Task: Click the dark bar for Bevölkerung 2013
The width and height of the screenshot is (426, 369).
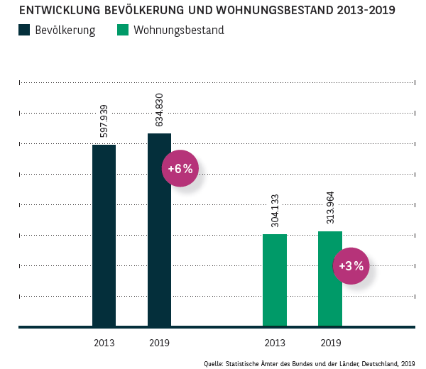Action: click(104, 236)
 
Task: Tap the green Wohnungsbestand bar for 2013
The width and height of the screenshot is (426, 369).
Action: click(275, 280)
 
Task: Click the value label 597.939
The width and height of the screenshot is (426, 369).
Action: click(104, 121)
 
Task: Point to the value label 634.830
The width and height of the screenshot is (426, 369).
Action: click(159, 110)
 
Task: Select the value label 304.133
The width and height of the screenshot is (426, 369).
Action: click(275, 210)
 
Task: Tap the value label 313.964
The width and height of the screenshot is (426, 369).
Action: click(330, 207)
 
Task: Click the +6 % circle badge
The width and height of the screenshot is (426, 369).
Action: click(180, 168)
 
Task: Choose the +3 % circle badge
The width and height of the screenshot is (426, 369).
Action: click(351, 266)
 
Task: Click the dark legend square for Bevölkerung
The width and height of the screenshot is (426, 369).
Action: click(26, 31)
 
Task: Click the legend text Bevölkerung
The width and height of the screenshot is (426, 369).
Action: click(66, 31)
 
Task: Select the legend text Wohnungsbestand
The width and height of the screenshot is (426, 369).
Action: click(178, 31)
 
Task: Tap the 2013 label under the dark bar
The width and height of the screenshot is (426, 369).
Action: click(104, 343)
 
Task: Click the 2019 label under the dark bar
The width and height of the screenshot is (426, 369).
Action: click(159, 343)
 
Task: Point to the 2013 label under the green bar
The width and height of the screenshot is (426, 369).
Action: click(275, 343)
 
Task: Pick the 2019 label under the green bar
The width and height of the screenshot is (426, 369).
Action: click(330, 343)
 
